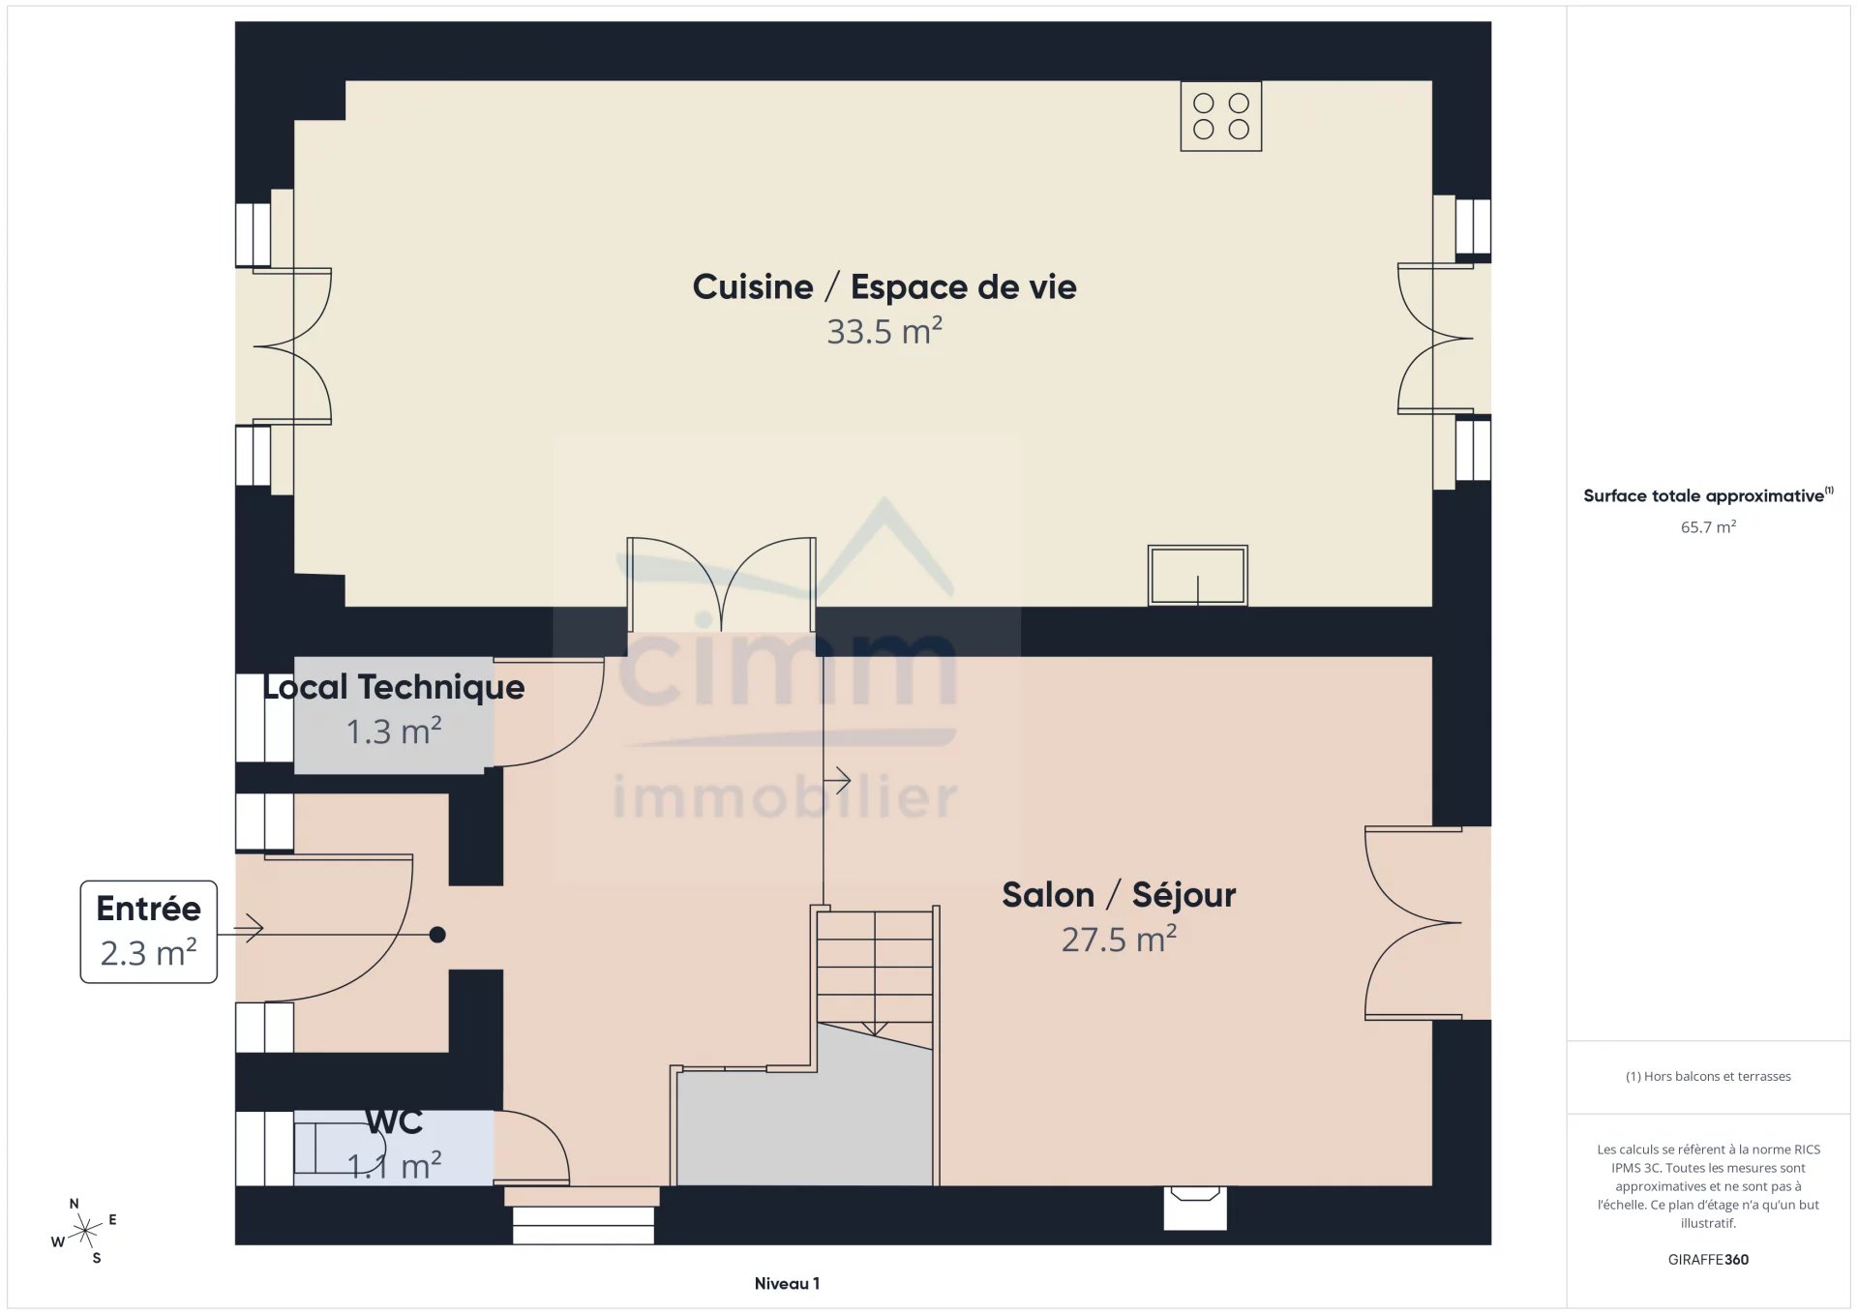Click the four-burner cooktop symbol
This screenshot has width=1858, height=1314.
coord(1220,116)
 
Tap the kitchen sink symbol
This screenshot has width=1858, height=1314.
coord(1197,576)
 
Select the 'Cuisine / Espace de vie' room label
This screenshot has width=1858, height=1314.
coord(884,287)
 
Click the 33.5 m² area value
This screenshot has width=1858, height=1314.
coord(884,331)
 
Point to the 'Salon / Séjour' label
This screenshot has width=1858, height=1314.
coord(1119,895)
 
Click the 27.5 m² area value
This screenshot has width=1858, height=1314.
coord(1119,939)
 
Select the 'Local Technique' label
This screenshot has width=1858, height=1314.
coord(394,687)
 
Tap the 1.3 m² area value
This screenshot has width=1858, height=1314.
coord(394,732)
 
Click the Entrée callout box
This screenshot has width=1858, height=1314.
coord(149,932)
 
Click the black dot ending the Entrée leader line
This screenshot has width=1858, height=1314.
coord(437,935)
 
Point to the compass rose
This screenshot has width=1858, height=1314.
coord(85,1231)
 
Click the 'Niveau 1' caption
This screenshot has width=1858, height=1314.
coord(787,1284)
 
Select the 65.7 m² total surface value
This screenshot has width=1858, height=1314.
coord(1708,527)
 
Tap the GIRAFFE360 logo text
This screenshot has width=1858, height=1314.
coord(1708,1260)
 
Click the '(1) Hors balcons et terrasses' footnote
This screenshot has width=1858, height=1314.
coord(1708,1076)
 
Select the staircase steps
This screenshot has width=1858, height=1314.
coord(875,971)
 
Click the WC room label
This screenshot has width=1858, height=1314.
coord(394,1121)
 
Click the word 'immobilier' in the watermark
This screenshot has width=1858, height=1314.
coord(786,797)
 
